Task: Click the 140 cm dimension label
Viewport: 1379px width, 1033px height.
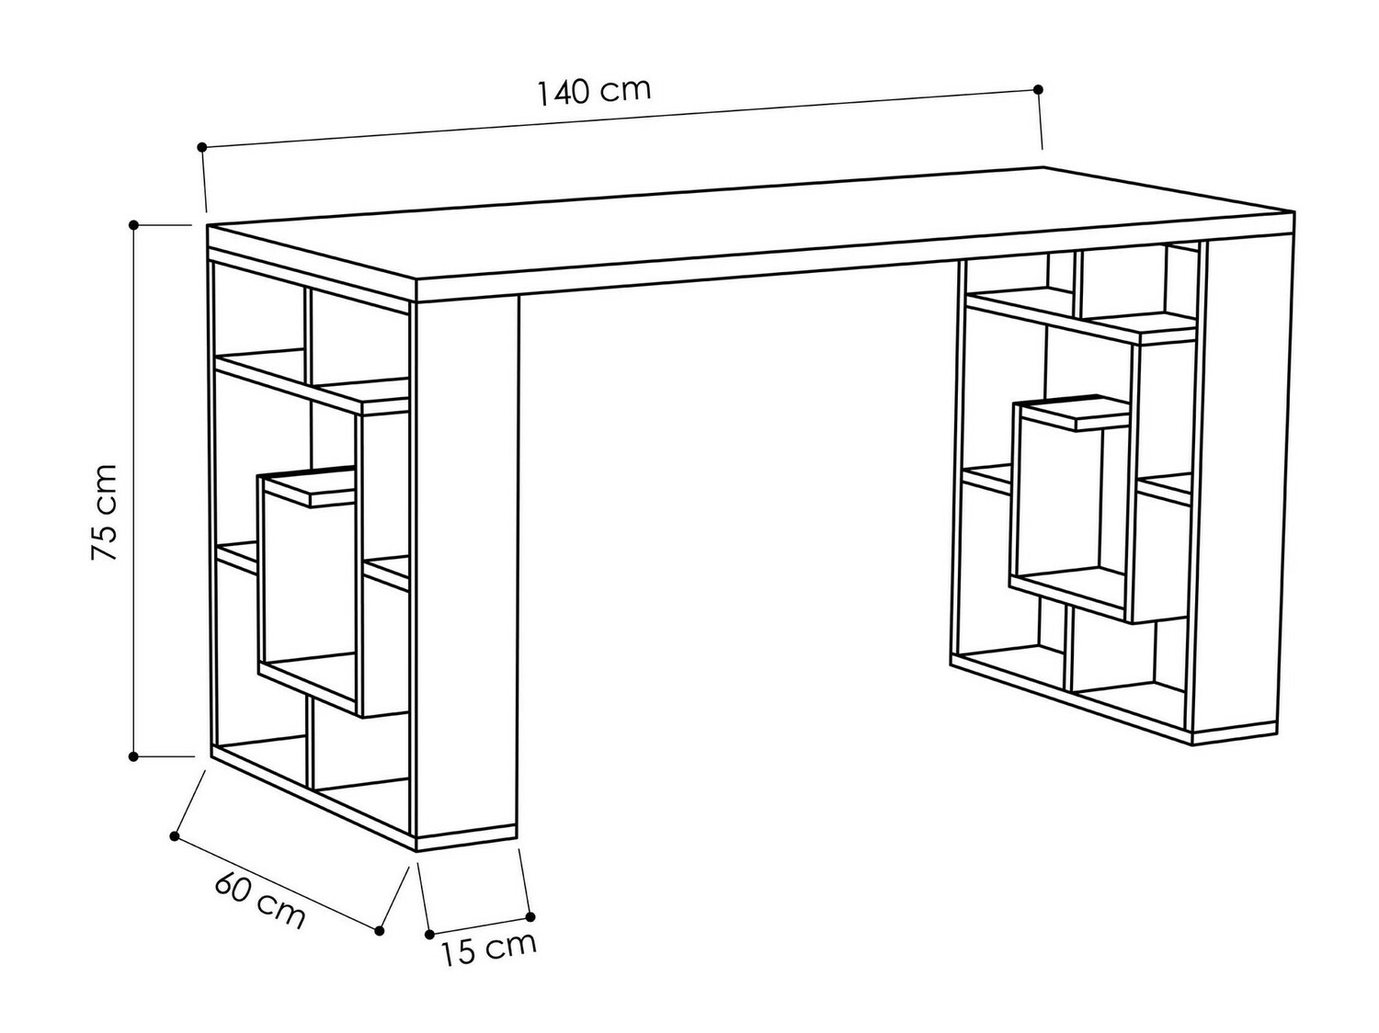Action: tap(594, 91)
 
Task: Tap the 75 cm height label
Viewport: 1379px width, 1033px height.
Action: tap(104, 513)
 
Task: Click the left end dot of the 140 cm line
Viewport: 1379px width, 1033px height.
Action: tap(202, 146)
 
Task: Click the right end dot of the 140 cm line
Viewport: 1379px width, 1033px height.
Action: tap(1039, 89)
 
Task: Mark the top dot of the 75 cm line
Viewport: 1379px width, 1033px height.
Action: tap(134, 224)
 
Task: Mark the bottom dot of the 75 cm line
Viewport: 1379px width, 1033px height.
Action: tap(134, 756)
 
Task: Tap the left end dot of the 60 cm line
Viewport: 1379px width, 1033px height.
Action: tap(175, 835)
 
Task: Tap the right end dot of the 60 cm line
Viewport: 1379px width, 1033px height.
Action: tap(380, 931)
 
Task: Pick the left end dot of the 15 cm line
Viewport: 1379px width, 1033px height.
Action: tap(430, 935)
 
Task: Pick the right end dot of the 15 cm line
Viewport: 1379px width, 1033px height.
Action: tap(530, 916)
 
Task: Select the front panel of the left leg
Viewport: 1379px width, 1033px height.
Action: tap(467, 570)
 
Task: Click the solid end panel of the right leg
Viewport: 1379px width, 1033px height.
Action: tap(1241, 487)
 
